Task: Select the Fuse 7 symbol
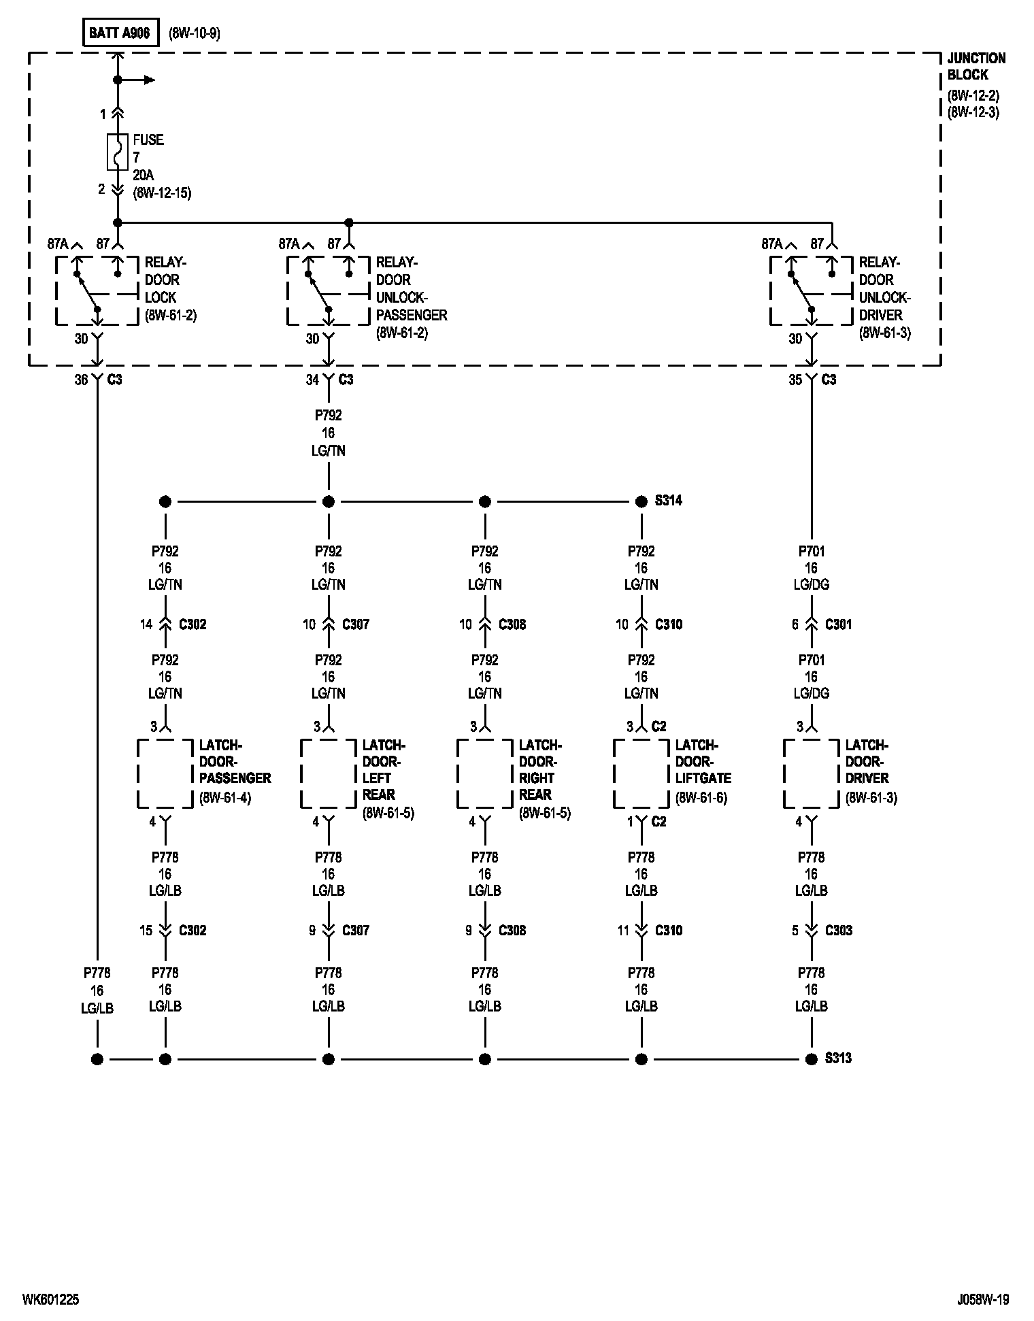(x=118, y=152)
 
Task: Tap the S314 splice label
(x=668, y=501)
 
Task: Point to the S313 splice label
(x=838, y=1058)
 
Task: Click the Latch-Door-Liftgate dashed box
(x=641, y=773)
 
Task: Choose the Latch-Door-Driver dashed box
(x=811, y=773)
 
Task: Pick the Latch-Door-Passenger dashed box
(x=165, y=773)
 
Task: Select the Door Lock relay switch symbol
(x=97, y=290)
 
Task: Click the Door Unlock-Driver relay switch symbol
(x=811, y=290)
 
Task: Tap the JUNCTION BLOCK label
(x=976, y=67)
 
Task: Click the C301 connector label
(x=838, y=624)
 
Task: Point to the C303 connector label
(x=838, y=930)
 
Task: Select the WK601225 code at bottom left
(x=50, y=1299)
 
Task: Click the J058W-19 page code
(x=978, y=1299)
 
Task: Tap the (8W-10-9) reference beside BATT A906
(x=194, y=33)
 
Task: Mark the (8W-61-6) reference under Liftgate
(x=701, y=798)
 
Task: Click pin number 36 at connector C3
(x=81, y=380)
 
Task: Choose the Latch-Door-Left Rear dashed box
(x=328, y=773)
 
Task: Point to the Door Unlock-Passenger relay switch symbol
(x=328, y=290)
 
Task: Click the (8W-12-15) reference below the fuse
(x=162, y=193)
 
